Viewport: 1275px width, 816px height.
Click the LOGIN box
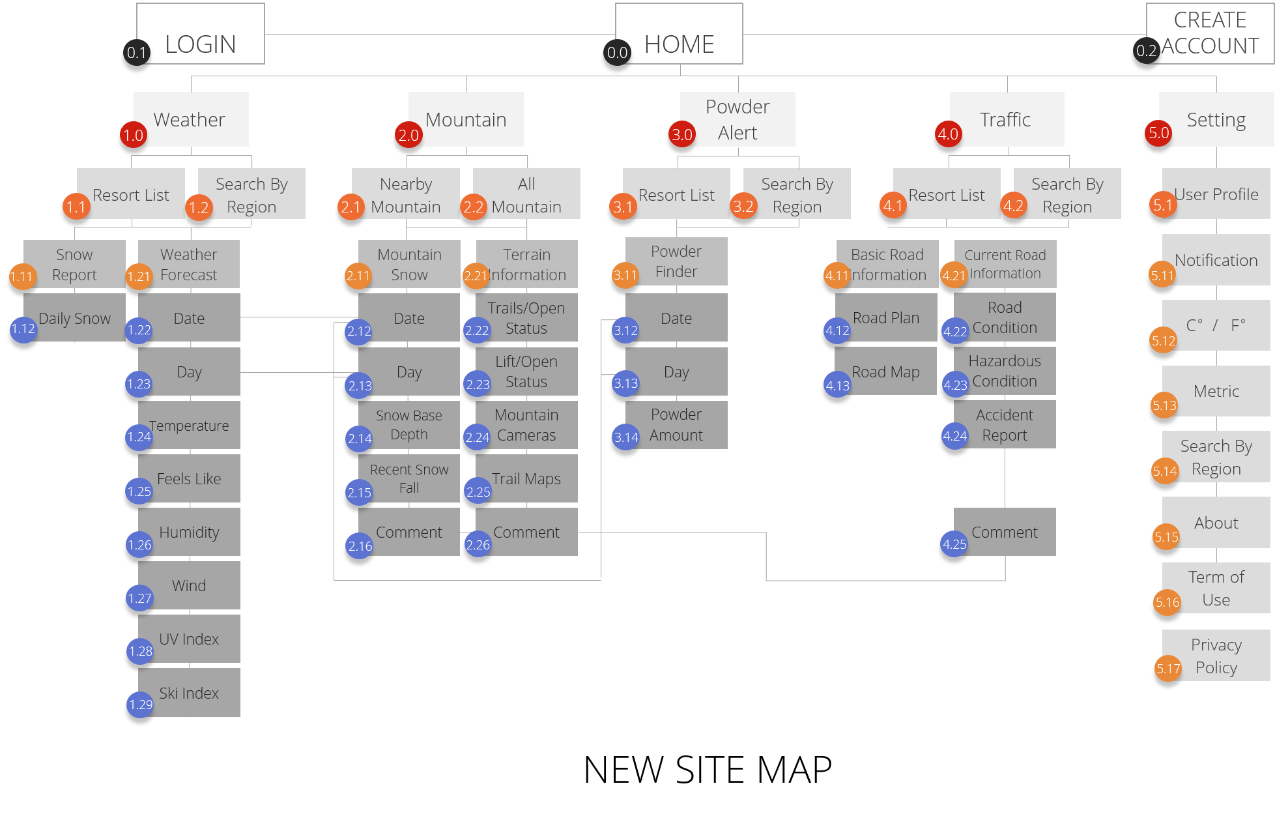(201, 34)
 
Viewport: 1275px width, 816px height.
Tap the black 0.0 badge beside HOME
(617, 52)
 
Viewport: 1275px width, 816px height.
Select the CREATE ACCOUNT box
(1210, 34)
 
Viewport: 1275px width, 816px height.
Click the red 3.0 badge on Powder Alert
(682, 134)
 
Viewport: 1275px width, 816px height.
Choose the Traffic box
(1007, 119)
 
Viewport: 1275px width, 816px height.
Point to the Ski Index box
(189, 693)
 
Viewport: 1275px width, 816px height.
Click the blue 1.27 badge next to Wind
(140, 598)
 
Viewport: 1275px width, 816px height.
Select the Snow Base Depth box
(409, 425)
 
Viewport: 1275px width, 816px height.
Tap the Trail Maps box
(526, 478)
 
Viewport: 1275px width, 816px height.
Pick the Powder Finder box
(676, 261)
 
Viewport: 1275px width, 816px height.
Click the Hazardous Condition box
(1005, 371)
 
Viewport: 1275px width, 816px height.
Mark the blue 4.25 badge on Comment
(954, 544)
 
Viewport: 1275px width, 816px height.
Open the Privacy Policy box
(1216, 656)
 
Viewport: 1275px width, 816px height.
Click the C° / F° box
(1216, 325)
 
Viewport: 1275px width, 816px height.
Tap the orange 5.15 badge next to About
(1166, 536)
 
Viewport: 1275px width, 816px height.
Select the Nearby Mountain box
(406, 194)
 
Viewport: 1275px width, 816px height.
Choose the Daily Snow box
(74, 317)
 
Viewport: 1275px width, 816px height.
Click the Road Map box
(886, 372)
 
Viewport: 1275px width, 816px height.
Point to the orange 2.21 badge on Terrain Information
(476, 276)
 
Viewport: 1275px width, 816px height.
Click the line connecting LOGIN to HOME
(440, 34)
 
